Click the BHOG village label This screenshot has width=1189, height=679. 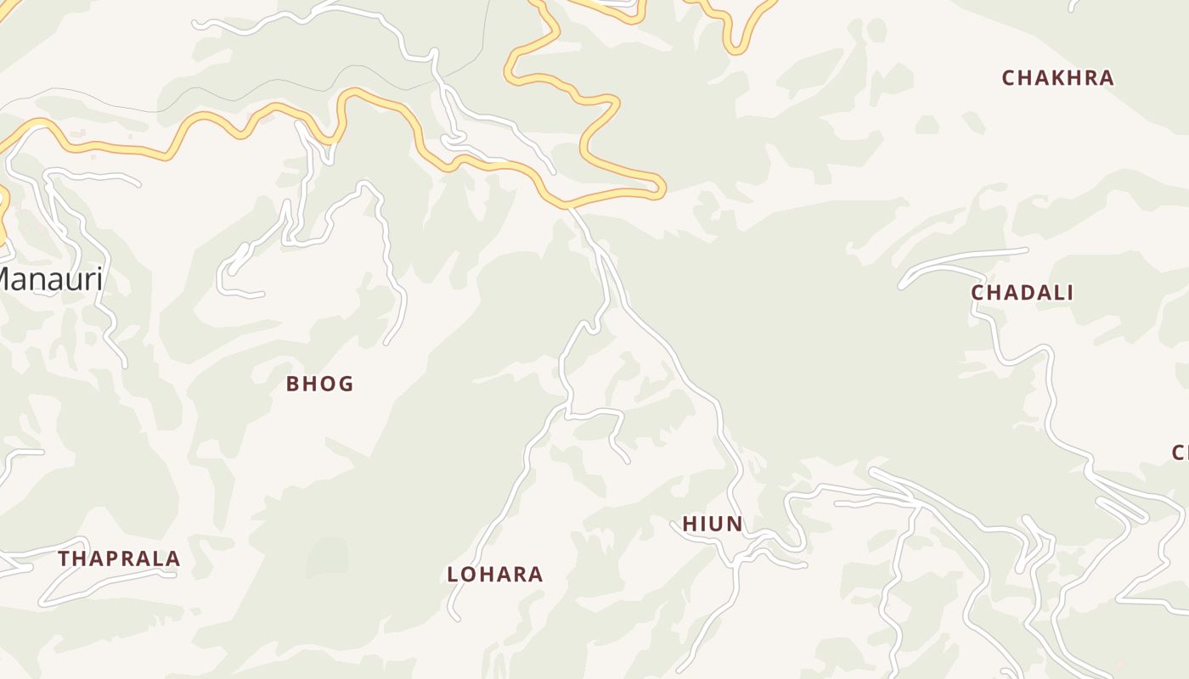tap(319, 384)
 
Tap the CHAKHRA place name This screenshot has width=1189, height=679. tap(1057, 78)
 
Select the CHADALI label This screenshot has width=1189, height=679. tap(1023, 293)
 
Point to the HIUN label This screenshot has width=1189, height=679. tap(713, 525)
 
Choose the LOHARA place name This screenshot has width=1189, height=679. tap(495, 575)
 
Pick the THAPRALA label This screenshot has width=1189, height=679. tap(120, 558)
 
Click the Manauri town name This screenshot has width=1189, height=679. tap(51, 278)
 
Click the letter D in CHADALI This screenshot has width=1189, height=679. tap(1023, 293)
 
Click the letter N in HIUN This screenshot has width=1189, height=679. tap(735, 525)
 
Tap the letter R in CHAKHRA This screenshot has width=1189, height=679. tap(1088, 78)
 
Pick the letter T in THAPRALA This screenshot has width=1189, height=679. tap(65, 558)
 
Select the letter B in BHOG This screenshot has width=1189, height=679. tap(293, 384)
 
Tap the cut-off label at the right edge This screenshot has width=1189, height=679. tap(1181, 452)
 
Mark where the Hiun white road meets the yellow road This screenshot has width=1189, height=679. tap(567, 206)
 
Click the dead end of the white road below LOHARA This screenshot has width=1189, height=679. tap(457, 619)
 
